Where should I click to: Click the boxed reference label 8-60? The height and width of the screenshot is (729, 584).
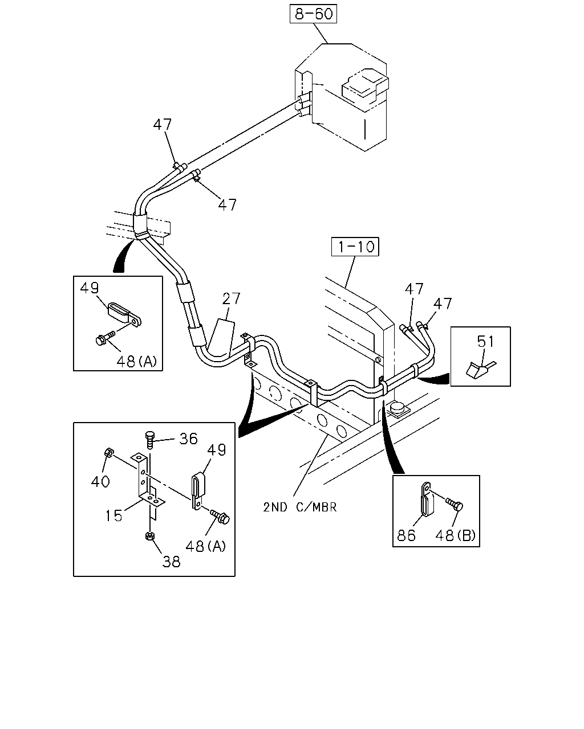click(x=313, y=14)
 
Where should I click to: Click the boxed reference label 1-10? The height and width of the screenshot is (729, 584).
click(x=355, y=246)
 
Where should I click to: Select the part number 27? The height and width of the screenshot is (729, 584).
click(x=231, y=299)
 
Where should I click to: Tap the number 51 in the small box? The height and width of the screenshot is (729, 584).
click(x=485, y=342)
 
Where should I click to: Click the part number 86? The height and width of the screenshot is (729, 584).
click(x=406, y=535)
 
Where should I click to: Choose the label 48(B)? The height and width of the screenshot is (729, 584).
click(x=455, y=535)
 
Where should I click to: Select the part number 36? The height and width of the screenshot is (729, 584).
click(x=188, y=439)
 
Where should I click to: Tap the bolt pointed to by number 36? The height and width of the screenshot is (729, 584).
click(x=149, y=440)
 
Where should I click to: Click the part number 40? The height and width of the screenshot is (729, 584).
click(x=100, y=481)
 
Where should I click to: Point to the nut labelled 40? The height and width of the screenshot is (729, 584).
click(x=109, y=452)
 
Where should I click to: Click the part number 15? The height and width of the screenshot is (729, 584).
click(x=113, y=515)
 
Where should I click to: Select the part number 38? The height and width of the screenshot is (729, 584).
click(x=171, y=562)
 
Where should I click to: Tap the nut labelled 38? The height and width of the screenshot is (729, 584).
click(x=150, y=536)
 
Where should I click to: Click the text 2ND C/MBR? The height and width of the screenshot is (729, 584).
click(x=300, y=507)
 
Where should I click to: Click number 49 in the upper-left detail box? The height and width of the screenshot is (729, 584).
click(x=89, y=288)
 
